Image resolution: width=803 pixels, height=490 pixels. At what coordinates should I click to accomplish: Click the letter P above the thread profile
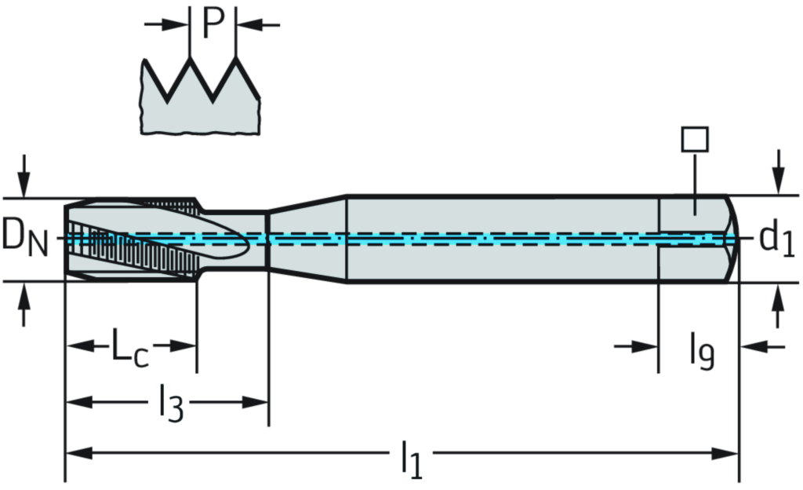(213, 24)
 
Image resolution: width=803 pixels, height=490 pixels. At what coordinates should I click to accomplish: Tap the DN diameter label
(24, 238)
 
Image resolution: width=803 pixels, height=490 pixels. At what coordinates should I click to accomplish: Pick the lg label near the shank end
(702, 351)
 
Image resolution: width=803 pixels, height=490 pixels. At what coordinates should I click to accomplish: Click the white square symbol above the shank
(695, 139)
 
